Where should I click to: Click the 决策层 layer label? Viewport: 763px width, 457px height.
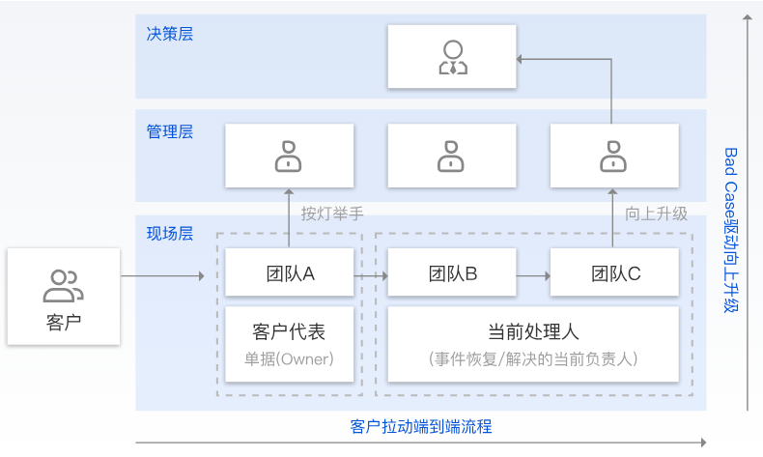(170, 35)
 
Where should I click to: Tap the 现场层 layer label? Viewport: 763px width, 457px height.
(170, 233)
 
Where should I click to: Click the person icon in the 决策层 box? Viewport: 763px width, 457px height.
(451, 57)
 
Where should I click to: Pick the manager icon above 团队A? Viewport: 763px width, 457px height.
(288, 155)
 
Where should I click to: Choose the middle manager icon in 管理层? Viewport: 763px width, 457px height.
(451, 155)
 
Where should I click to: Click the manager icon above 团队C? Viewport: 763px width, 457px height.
(613, 155)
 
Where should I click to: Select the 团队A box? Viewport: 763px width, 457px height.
(288, 273)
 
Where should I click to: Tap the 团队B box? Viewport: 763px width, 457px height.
(451, 273)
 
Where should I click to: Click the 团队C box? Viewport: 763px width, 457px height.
(613, 273)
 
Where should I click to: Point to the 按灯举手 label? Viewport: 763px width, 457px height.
(331, 214)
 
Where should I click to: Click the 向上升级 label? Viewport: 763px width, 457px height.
(657, 214)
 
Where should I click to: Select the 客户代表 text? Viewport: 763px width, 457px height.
(288, 332)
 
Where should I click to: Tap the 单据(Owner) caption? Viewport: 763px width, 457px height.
(288, 359)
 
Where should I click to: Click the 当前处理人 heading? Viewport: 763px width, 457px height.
(533, 332)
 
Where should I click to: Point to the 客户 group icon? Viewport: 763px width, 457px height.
(63, 286)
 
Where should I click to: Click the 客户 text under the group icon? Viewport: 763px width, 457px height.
(63, 322)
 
